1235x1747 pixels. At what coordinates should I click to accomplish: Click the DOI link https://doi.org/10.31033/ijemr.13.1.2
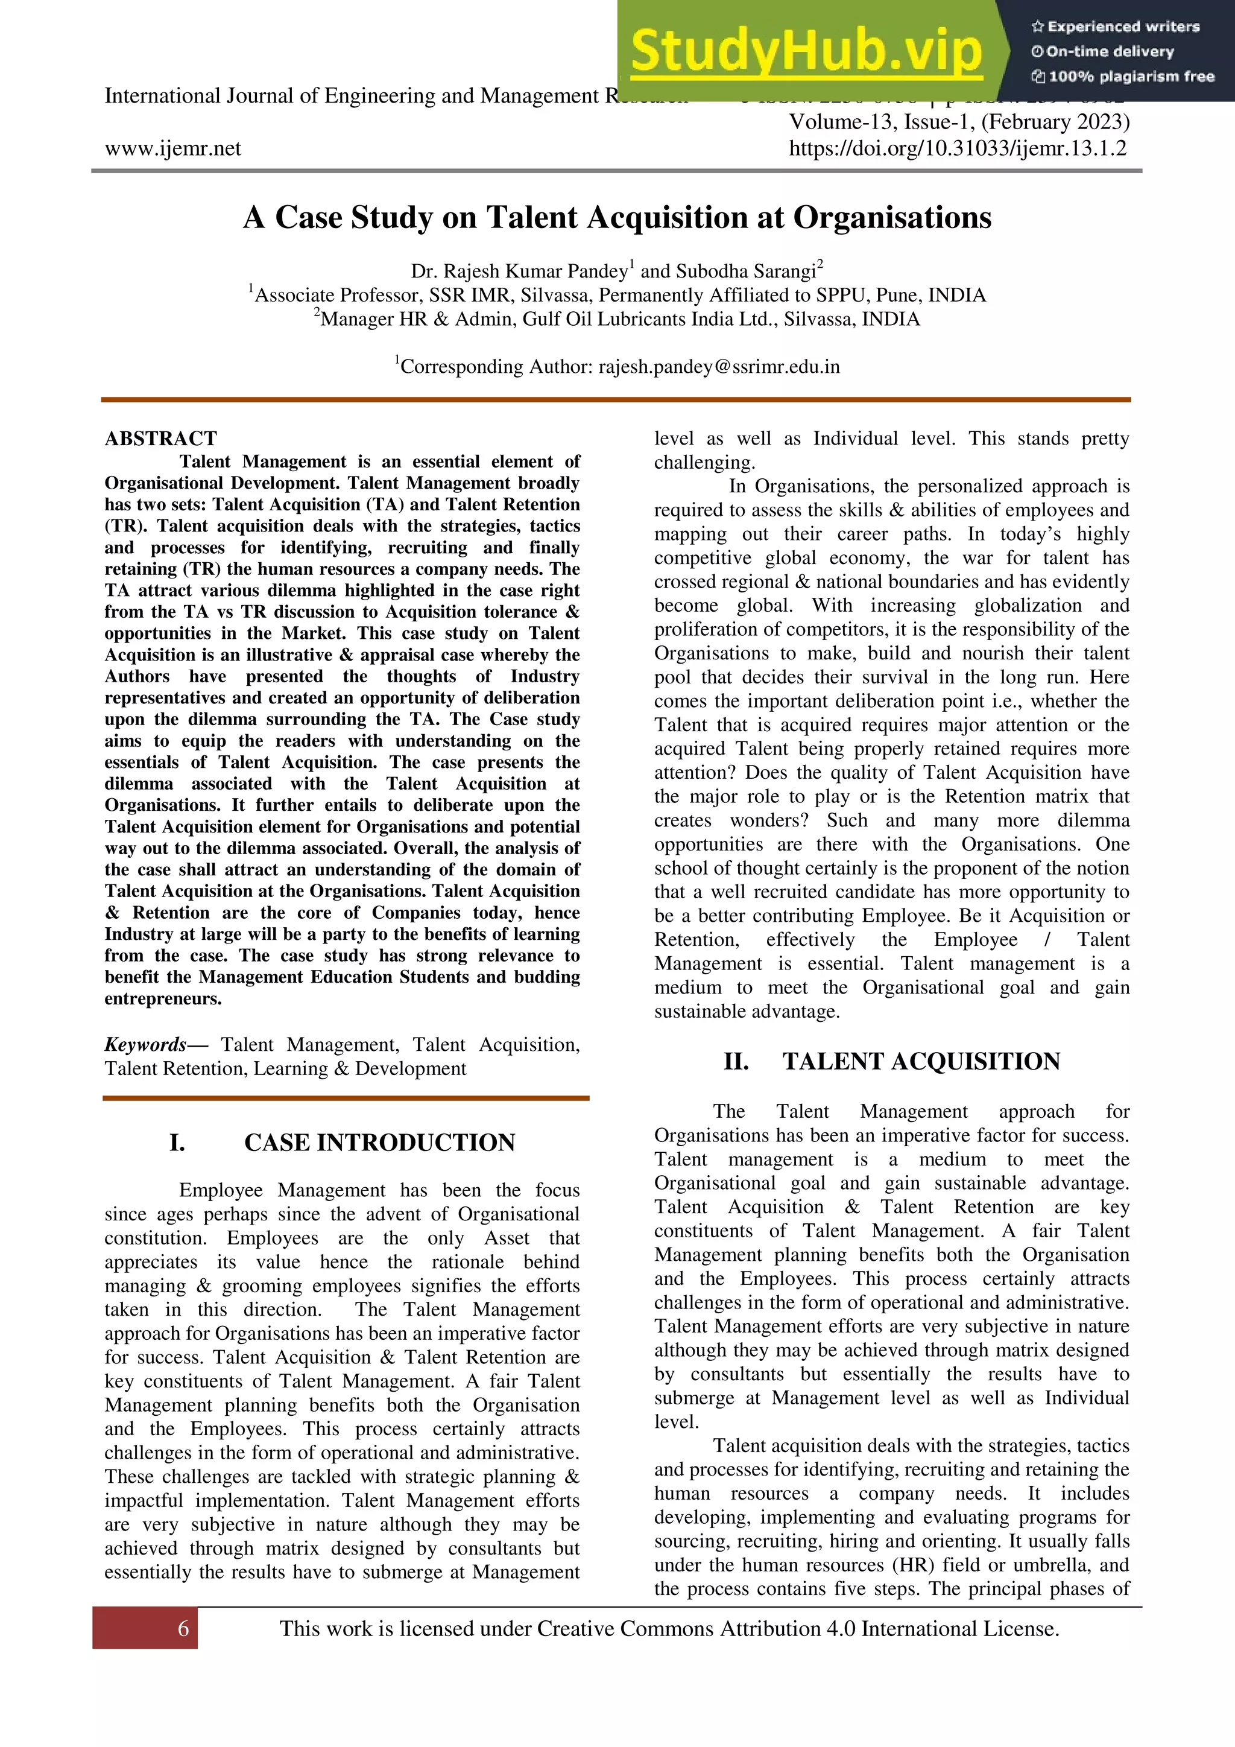958,148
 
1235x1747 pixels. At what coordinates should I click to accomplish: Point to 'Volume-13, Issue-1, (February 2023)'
959,122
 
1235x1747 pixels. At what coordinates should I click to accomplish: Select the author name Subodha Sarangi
745,271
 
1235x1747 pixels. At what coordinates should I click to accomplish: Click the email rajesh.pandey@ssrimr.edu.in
719,367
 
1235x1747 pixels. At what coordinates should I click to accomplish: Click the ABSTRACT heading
160,439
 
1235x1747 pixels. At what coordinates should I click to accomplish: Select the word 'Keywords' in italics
145,1045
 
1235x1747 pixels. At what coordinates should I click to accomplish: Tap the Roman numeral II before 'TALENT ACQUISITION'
735,1062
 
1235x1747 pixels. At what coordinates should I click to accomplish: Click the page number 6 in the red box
183,1628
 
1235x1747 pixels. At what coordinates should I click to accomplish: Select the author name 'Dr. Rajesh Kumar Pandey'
519,271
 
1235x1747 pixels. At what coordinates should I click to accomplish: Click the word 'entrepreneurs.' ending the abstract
163,999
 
